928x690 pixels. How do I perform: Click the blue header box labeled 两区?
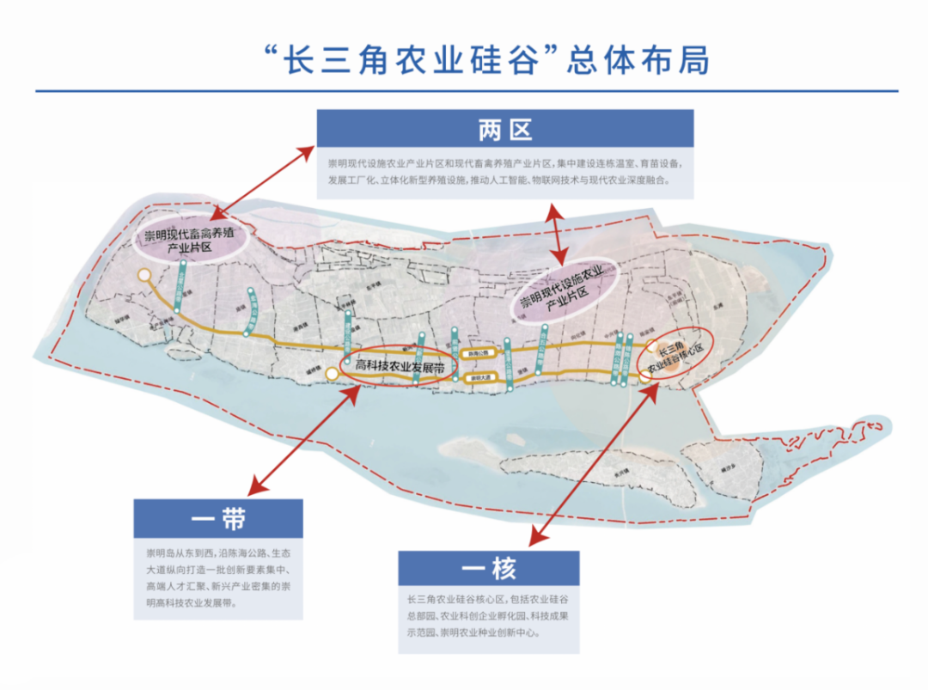[505, 129]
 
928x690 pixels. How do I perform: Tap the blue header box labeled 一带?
[217, 519]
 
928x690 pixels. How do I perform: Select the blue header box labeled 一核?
[488, 569]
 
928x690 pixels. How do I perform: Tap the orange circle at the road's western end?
[144, 275]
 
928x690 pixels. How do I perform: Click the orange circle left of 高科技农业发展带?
[333, 373]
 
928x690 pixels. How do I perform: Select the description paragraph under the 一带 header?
[217, 577]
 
